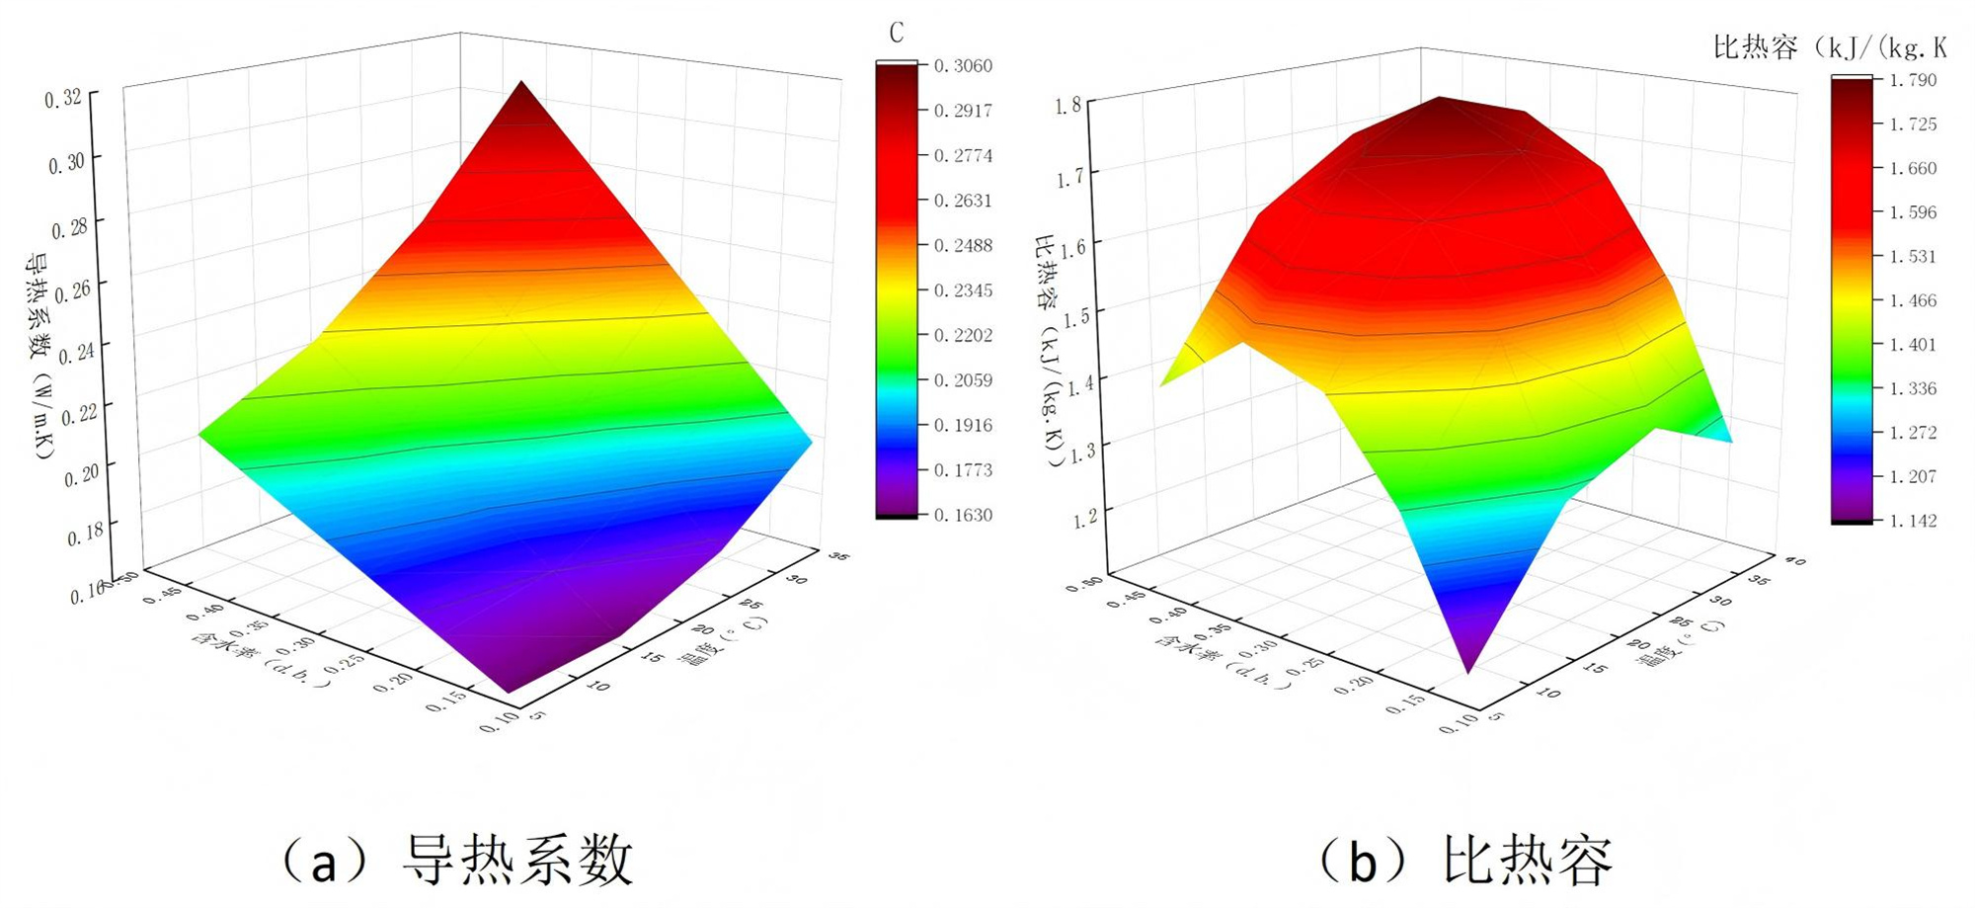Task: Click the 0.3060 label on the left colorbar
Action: click(963, 66)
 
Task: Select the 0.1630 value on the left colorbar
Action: click(963, 515)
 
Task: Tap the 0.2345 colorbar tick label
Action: click(963, 290)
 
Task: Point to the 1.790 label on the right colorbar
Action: click(1913, 80)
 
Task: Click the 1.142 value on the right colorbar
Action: click(1913, 521)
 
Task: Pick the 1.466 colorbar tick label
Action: click(1913, 300)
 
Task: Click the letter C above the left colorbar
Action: click(896, 34)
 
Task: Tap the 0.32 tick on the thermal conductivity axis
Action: click(63, 98)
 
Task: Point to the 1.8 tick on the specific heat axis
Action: click(1068, 106)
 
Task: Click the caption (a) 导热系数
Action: click(457, 860)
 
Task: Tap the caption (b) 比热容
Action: click(1465, 860)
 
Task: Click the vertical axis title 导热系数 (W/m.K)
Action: click(39, 356)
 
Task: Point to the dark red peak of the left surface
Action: click(520, 94)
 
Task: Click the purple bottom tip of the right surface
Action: click(1468, 662)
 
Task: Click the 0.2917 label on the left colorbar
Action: click(963, 111)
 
